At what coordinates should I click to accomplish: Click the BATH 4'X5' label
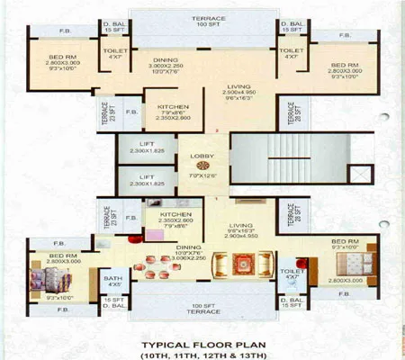[112, 282]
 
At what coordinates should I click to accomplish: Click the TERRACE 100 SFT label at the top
[202, 20]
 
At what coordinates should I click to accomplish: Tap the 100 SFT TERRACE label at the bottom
[202, 308]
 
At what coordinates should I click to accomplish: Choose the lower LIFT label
[147, 177]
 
